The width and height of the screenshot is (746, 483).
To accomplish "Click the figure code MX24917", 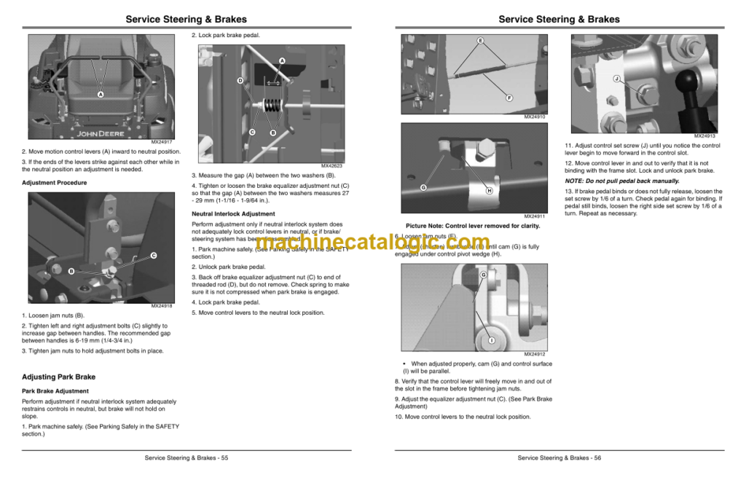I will pyautogui.click(x=162, y=142).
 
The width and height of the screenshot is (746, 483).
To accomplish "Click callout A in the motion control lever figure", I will pyautogui.click(x=101, y=95).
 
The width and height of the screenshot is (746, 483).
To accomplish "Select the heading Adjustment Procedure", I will pyautogui.click(x=54, y=182).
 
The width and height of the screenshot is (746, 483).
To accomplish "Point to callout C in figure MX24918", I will pyautogui.click(x=154, y=255).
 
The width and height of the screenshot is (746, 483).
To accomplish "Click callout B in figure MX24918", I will pyautogui.click(x=71, y=271).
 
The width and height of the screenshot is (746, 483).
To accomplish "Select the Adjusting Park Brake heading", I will pyautogui.click(x=59, y=377).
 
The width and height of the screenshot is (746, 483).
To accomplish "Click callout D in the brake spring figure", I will pyautogui.click(x=240, y=80).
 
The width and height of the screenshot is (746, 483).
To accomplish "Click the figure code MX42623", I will pyautogui.click(x=331, y=166).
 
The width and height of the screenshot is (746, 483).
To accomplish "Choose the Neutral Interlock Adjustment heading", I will pyautogui.click(x=233, y=214).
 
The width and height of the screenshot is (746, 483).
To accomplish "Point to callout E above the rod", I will pyautogui.click(x=480, y=39).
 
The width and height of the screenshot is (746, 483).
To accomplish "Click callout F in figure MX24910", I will pyautogui.click(x=509, y=97).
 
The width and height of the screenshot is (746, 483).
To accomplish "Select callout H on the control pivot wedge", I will pyautogui.click(x=490, y=191).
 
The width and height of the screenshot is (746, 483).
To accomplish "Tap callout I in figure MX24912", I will pyautogui.click(x=491, y=340).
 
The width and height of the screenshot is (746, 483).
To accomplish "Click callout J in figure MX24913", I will pyautogui.click(x=616, y=78).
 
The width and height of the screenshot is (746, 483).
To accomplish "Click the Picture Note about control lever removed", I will pyautogui.click(x=472, y=226).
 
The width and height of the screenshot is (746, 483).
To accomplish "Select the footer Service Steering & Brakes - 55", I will pyautogui.click(x=186, y=458).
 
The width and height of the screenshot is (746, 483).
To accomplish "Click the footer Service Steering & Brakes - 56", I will pyautogui.click(x=559, y=458).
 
